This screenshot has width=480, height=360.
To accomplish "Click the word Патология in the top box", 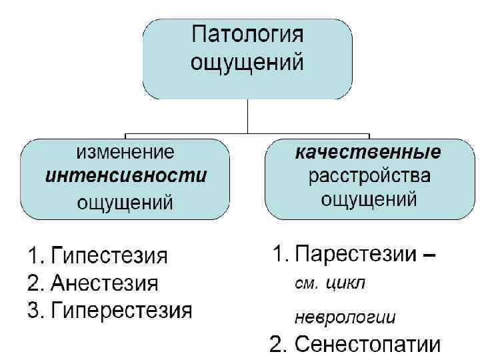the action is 247,36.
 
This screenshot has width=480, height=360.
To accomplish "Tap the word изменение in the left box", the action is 125,152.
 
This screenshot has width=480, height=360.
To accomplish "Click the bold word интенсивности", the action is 125,176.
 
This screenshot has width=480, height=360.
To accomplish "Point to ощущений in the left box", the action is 125,201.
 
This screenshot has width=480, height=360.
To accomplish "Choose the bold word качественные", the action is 368,152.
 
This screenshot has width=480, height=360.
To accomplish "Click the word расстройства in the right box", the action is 368,176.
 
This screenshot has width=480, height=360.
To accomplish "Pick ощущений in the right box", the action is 368,199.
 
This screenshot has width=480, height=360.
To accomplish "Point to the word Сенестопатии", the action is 367,345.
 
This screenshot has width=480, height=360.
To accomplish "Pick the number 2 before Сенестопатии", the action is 277,345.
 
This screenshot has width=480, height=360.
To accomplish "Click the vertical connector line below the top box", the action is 247,117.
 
